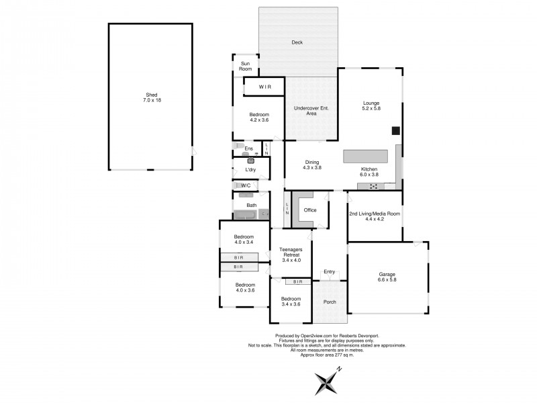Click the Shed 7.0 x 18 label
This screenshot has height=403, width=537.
click(152, 97)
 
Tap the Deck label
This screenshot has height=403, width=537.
click(297, 42)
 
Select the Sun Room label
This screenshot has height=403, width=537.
click(246, 66)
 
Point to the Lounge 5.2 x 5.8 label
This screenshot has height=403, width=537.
click(371, 105)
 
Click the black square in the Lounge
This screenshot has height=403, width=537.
click(396, 131)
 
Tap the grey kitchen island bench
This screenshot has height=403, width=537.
click(366, 156)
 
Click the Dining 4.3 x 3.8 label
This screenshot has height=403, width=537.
click(313, 165)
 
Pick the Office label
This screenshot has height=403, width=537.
click(309, 210)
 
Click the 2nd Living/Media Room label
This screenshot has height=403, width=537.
click(375, 217)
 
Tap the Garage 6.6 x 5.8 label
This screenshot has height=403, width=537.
click(386, 277)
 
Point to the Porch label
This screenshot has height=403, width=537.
click(330, 302)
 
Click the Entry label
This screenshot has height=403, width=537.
click(329, 272)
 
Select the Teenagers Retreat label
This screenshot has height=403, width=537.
click(291, 255)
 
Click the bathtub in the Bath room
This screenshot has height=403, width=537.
click(246, 215)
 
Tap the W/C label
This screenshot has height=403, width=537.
click(246, 185)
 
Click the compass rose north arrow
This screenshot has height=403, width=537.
click(328, 384)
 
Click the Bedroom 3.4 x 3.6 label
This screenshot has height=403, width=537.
click(291, 302)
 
